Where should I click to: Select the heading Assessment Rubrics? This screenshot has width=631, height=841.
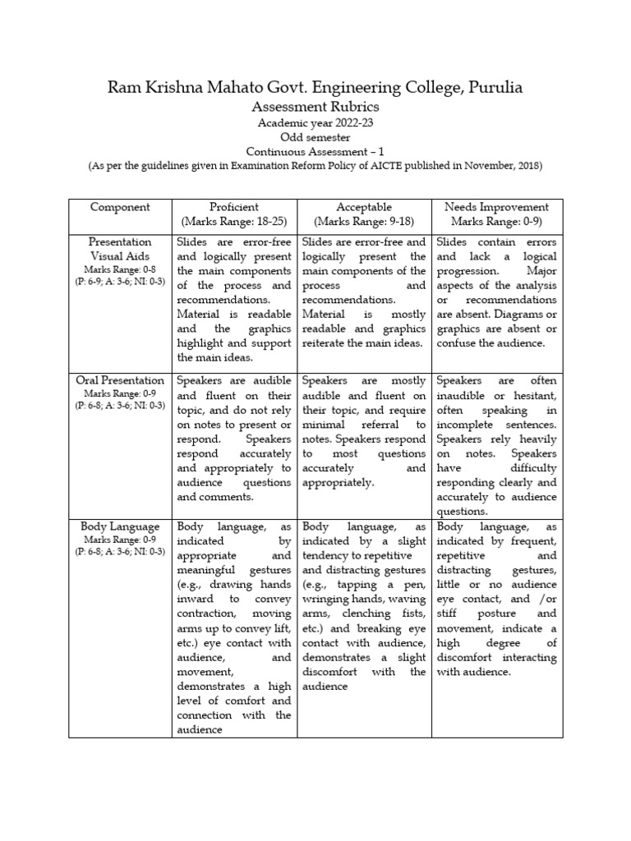(315, 107)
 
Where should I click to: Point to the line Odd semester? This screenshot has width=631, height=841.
(315, 137)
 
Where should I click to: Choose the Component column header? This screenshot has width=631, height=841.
(120, 207)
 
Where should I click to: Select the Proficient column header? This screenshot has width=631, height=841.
(234, 207)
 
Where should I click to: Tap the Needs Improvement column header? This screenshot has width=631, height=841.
(496, 207)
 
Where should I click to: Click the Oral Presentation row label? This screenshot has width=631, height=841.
(120, 381)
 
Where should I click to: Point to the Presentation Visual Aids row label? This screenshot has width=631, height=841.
(120, 249)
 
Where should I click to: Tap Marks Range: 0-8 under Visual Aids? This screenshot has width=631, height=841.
(120, 269)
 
